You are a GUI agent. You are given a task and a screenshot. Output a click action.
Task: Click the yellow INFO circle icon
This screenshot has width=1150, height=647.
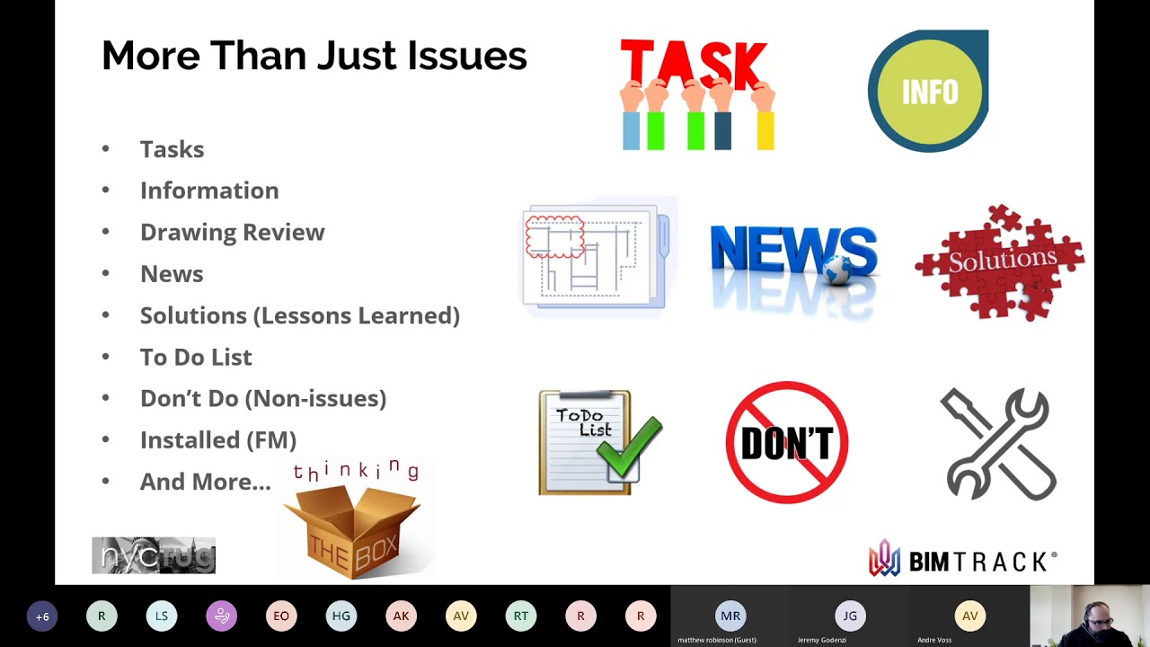tap(929, 92)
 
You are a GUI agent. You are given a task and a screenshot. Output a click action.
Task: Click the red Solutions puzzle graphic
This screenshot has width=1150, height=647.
tap(1001, 261)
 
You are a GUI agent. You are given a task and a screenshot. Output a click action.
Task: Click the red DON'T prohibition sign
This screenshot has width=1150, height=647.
tap(787, 442)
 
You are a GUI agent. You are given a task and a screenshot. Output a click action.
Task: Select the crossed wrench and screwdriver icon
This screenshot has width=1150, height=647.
tap(998, 443)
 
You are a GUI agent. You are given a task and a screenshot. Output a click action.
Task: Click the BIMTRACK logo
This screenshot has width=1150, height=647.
tap(962, 561)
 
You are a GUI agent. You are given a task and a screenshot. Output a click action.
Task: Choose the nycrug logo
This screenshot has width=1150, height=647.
tap(154, 555)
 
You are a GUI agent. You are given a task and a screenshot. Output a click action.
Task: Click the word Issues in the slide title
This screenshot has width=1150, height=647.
tap(467, 56)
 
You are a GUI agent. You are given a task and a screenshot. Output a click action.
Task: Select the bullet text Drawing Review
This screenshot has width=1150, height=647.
tap(232, 232)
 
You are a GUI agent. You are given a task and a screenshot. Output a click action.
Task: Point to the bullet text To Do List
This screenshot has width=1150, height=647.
tap(196, 357)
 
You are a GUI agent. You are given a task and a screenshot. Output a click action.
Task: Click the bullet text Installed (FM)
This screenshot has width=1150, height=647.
tap(218, 439)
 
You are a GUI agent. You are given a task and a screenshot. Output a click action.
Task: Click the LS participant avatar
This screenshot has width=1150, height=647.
tap(162, 616)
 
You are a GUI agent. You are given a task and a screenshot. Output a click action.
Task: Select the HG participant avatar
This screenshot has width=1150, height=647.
tap(341, 616)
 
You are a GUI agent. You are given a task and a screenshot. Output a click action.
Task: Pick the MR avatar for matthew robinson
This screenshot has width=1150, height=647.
tap(730, 616)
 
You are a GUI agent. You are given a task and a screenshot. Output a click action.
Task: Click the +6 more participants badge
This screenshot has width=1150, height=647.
tap(42, 616)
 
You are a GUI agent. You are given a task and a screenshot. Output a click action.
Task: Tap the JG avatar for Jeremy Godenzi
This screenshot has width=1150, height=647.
tap(850, 616)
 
